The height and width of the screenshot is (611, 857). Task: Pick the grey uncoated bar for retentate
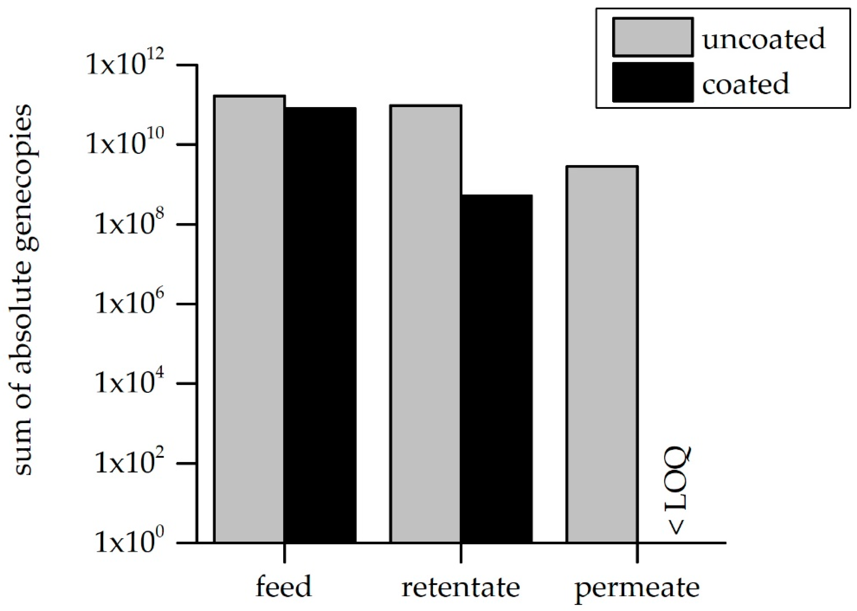point(426,324)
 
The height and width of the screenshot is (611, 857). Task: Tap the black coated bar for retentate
point(496,369)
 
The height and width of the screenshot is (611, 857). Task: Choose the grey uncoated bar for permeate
point(602,354)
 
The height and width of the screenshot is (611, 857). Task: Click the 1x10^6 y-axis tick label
point(129,304)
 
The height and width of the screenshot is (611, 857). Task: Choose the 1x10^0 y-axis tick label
point(129,542)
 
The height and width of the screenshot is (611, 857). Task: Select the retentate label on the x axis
point(461,587)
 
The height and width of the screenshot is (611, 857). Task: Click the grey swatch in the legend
point(653,37)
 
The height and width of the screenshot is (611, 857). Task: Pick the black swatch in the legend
point(653,82)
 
